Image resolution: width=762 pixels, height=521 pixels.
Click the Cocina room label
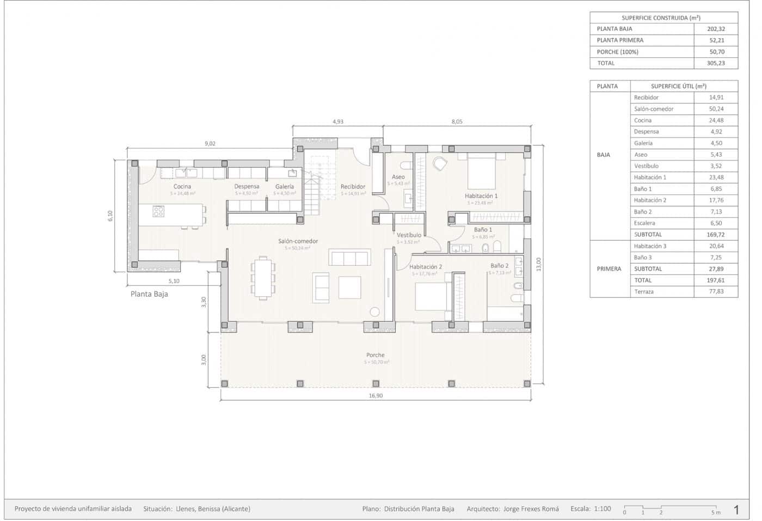point(182,187)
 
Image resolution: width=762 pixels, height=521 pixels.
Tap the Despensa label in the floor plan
point(247,187)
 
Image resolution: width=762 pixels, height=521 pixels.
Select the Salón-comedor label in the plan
point(298,241)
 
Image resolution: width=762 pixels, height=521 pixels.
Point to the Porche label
point(375,355)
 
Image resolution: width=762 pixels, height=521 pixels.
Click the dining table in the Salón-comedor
point(263,277)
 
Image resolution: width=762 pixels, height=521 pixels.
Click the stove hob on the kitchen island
point(158,211)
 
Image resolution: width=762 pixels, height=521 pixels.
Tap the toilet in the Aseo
point(405,165)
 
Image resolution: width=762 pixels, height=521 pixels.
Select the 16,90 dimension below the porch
point(376,396)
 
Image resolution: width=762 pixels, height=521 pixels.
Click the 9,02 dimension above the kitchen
point(210,144)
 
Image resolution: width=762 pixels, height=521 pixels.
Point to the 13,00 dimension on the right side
point(539,265)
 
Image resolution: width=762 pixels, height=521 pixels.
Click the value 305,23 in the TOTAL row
point(716,63)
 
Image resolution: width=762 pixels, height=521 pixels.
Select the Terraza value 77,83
point(716,292)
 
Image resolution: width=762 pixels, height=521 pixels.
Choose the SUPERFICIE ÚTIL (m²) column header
point(678,86)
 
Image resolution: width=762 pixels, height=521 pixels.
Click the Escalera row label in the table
point(644,223)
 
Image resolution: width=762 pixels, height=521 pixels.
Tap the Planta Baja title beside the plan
point(149,294)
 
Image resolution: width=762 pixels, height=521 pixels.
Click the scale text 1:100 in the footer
point(601,509)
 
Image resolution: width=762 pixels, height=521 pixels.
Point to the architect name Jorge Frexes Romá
point(531,509)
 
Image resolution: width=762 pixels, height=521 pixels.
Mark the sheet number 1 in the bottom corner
point(736,510)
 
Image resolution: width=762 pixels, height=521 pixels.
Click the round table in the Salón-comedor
point(374,312)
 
